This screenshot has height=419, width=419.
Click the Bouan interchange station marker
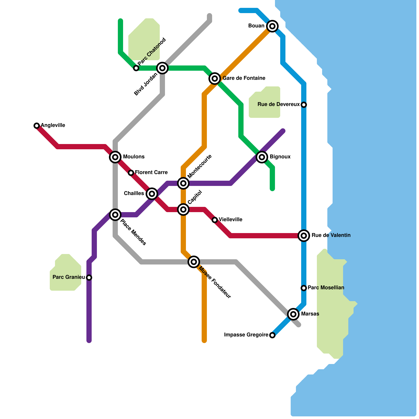pos(272,26)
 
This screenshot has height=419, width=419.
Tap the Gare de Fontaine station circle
pos(215,78)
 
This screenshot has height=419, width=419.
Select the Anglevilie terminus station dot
pos(37,126)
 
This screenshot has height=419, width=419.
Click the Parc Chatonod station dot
pos(136,68)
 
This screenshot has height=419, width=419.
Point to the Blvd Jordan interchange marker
pos(162,68)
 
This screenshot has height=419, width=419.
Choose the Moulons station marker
pos(115,157)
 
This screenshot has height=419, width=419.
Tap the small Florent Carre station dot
pos(131,173)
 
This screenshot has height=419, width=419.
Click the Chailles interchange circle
pos(152,194)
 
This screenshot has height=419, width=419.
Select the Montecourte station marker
pos(183,183)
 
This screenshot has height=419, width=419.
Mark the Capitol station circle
pos(183,210)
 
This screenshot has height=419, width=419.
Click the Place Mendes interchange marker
pos(115,215)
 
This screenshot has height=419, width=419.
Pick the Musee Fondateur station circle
pos(194,262)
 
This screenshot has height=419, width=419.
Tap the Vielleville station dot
pos(215,220)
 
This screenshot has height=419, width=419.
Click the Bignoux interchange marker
pos(262,157)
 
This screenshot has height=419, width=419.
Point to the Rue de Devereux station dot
pos(304,105)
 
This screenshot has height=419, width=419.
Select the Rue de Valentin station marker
pos(304,236)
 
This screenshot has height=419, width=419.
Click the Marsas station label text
pos(310,314)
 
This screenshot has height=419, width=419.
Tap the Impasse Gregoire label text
pos(246,335)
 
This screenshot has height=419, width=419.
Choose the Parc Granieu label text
pos(69,277)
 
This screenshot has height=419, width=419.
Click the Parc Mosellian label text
pos(326,288)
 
